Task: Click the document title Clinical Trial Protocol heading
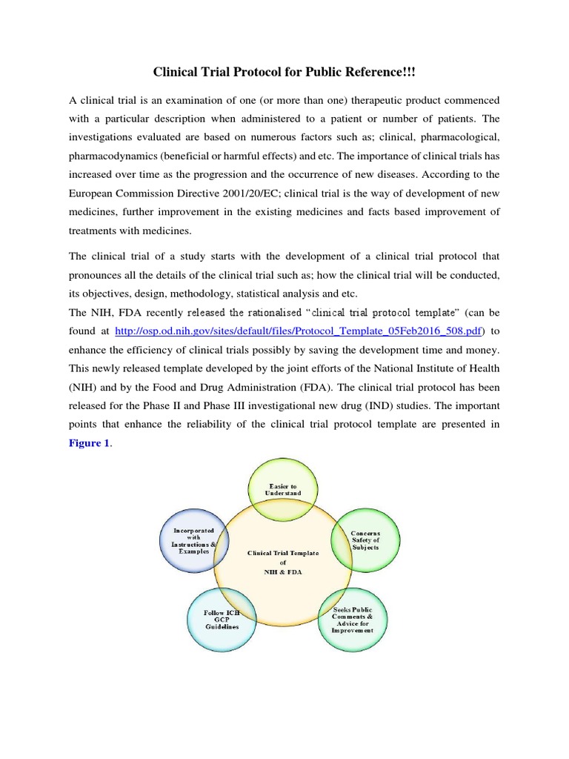[284, 72]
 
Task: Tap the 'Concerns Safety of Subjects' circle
[365, 540]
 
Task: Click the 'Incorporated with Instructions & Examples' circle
[194, 540]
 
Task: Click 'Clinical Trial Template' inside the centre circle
[284, 552]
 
